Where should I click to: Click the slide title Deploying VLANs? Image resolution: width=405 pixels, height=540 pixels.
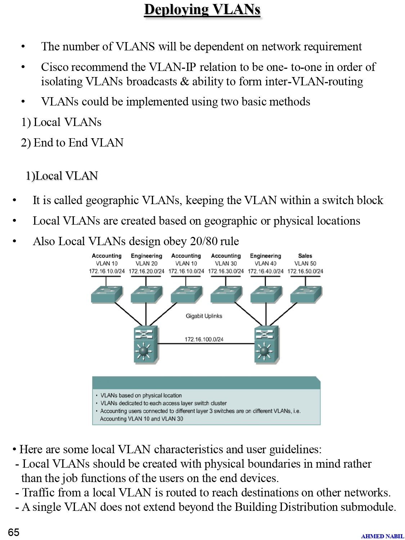click(x=202, y=10)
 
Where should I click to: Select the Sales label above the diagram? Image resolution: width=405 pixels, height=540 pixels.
click(x=305, y=256)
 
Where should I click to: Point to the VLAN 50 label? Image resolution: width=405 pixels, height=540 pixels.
click(x=305, y=264)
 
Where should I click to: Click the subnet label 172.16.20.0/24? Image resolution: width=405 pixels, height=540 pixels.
click(x=147, y=271)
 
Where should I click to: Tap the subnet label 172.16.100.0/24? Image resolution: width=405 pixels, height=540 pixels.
click(x=204, y=339)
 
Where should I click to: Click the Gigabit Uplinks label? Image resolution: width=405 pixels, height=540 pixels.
click(x=204, y=316)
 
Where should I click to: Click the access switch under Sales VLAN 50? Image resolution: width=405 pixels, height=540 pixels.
click(x=306, y=294)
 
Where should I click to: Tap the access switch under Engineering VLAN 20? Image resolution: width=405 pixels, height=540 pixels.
click(x=147, y=294)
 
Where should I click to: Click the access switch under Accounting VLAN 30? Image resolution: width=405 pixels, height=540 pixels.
click(x=226, y=294)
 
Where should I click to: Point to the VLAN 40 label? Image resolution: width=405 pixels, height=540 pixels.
click(x=266, y=264)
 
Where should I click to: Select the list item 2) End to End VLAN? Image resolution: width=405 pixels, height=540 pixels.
click(x=72, y=143)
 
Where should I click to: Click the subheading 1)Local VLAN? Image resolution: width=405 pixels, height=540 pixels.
click(x=62, y=176)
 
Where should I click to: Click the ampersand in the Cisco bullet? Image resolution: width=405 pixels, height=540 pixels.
click(x=184, y=81)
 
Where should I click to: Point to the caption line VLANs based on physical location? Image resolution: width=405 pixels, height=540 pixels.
click(x=141, y=395)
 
